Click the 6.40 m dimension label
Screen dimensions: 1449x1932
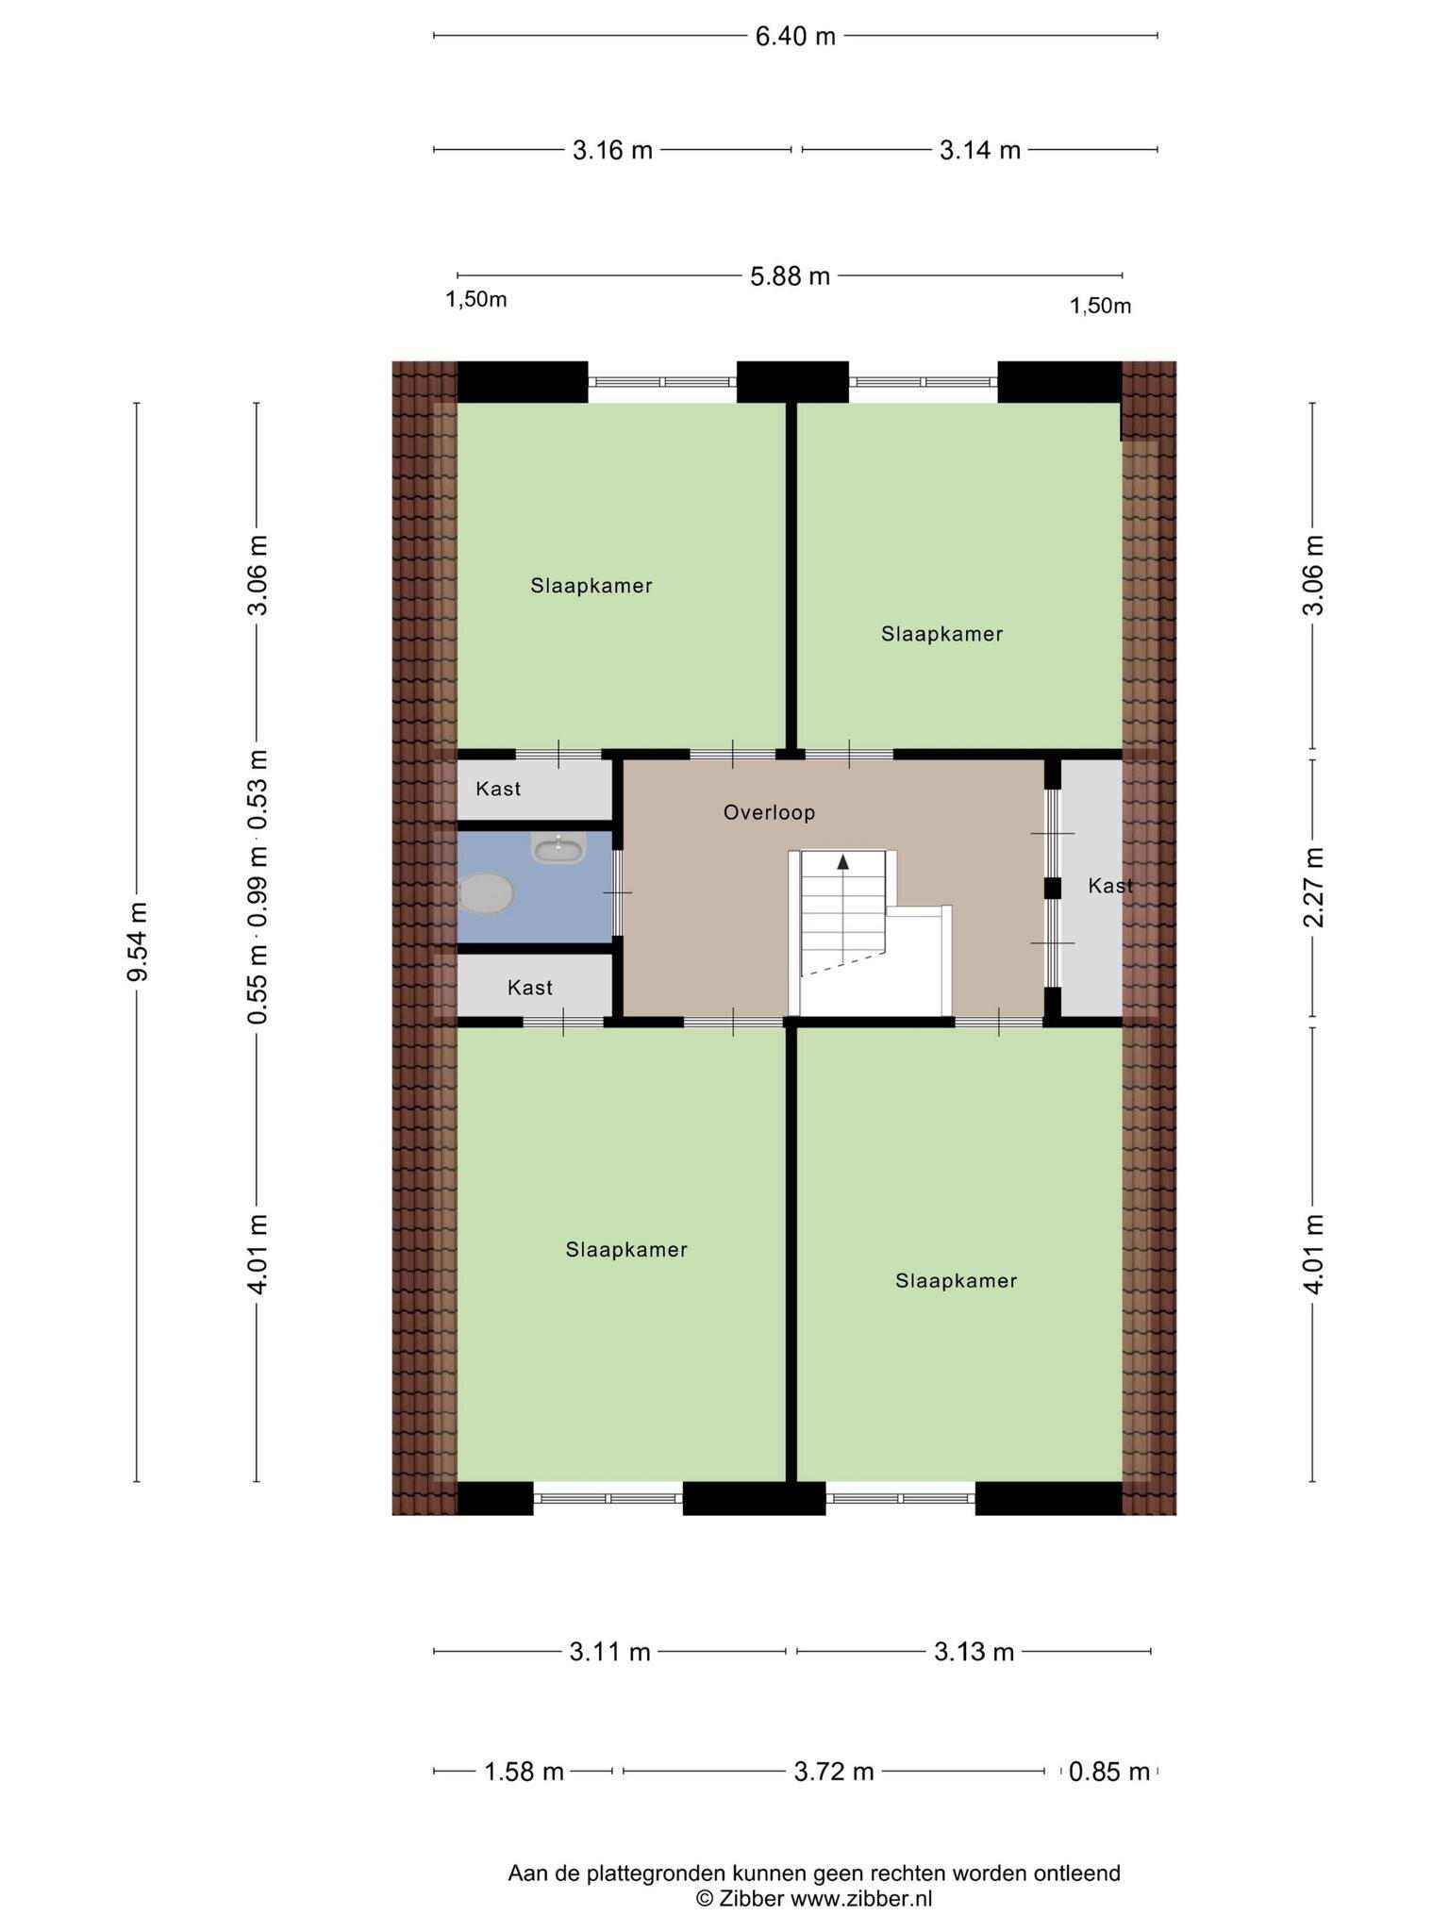click(x=795, y=36)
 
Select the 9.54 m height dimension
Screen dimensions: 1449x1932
click(x=138, y=941)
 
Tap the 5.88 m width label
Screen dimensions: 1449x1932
click(x=791, y=275)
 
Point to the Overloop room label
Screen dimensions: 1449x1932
click(x=769, y=812)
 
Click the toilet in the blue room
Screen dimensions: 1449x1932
click(x=487, y=892)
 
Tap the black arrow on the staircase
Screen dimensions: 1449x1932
click(x=843, y=860)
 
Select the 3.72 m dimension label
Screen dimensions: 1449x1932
click(x=834, y=1772)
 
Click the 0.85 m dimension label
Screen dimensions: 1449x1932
click(x=1109, y=1772)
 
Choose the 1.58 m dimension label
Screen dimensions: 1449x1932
click(x=524, y=1772)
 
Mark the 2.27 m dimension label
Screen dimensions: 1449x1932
click(x=1313, y=887)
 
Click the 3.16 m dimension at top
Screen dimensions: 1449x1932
click(x=612, y=150)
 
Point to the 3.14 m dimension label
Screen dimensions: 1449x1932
click(x=980, y=150)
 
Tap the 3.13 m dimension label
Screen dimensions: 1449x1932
click(x=974, y=1652)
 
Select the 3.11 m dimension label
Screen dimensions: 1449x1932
click(x=610, y=1652)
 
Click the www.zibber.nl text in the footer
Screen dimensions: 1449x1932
click(x=860, y=1899)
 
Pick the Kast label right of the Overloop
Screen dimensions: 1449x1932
click(x=1110, y=886)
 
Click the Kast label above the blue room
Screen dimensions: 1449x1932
click(x=498, y=789)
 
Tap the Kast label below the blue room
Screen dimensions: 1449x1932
click(x=530, y=988)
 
